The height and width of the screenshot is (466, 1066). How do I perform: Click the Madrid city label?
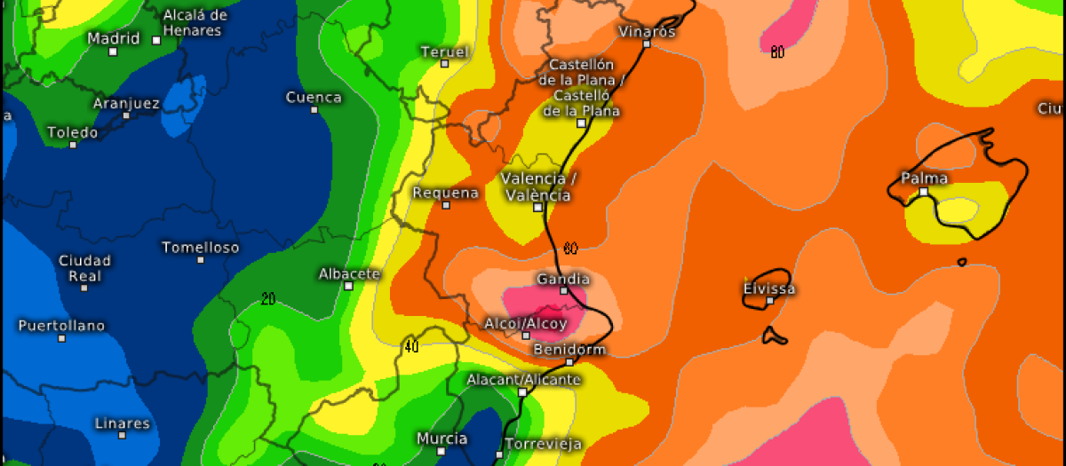114,38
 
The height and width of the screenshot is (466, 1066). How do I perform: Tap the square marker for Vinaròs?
648,43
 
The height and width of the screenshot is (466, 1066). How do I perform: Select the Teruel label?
444,51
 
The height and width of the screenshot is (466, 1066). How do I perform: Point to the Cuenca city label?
314,97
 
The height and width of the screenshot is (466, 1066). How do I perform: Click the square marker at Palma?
924,191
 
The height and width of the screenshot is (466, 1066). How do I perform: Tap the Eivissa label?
769,288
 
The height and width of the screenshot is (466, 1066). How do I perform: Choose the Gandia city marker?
563,290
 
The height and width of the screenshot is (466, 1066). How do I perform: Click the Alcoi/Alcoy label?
526,323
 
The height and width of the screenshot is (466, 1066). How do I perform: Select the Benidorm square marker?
569,361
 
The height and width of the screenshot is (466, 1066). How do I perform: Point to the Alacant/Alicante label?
524,379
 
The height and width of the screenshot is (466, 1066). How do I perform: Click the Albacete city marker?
348,286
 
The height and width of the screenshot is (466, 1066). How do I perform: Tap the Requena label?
446,193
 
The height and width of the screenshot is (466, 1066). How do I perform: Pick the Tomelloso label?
201,248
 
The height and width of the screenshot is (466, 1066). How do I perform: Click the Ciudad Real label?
84,268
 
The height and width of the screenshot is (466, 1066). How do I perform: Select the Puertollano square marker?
61,337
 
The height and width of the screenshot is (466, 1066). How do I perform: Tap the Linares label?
123,423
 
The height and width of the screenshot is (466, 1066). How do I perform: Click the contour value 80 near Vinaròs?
777,53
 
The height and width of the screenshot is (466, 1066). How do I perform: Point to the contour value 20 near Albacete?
268,299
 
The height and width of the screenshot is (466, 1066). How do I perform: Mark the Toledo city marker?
73,144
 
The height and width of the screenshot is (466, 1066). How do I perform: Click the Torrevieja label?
543,443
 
